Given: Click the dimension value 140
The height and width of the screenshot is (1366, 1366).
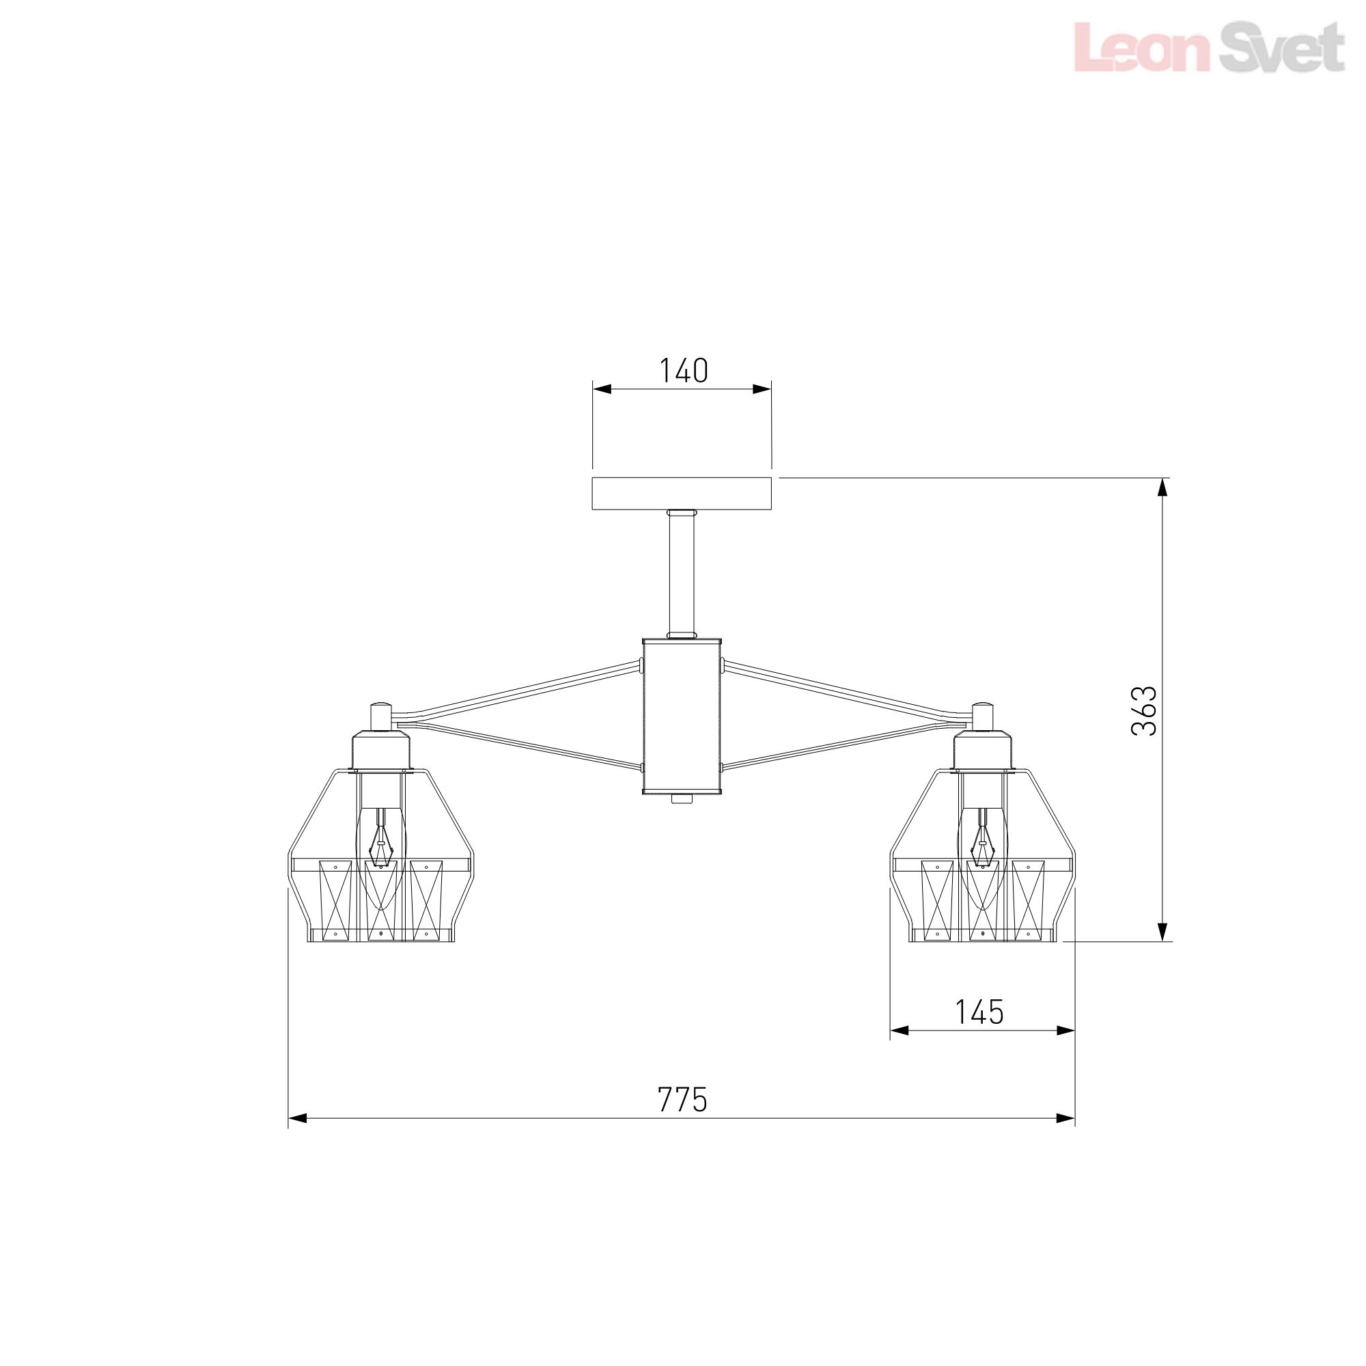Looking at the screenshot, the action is [683, 370].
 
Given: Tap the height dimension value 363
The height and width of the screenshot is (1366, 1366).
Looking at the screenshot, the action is [1144, 710].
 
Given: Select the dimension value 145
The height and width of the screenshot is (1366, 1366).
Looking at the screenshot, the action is [979, 1012].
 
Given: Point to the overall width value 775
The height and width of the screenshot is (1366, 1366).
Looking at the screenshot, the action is [682, 1100].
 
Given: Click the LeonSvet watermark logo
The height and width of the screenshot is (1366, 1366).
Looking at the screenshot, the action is [1209, 46].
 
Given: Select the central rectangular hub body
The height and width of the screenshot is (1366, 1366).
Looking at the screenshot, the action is [682, 716].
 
